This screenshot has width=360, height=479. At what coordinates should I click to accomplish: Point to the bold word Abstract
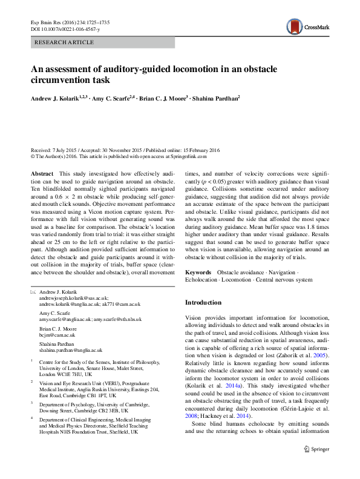(x=42, y=173)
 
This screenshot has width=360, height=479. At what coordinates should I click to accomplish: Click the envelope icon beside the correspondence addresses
(x=33, y=292)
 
